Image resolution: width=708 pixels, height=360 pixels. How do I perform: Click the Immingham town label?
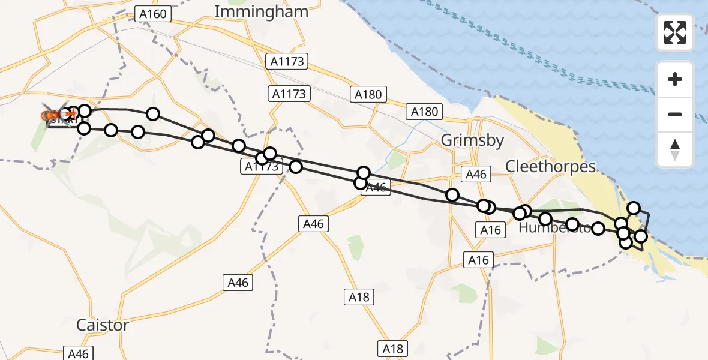click(261, 11)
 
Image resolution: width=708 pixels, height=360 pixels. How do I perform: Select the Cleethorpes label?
click(551, 166)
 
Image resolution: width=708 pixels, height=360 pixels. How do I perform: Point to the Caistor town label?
click(103, 325)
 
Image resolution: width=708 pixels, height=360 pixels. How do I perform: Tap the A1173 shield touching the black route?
click(262, 166)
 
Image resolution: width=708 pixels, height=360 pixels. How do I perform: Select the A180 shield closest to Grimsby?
click(425, 111)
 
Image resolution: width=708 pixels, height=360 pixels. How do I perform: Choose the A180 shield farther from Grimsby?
click(368, 94)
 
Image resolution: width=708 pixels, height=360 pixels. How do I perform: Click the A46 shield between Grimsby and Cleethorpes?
click(476, 175)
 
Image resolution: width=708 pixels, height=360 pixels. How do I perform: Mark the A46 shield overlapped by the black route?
click(376, 187)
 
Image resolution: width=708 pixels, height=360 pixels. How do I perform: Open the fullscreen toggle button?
click(675, 33)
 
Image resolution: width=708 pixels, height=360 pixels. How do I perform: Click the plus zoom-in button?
click(675, 79)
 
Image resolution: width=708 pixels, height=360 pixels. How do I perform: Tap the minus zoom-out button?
click(675, 114)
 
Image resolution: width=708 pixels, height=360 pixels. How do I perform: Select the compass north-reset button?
click(675, 149)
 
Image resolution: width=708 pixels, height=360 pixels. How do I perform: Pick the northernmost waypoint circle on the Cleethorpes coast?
click(634, 209)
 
